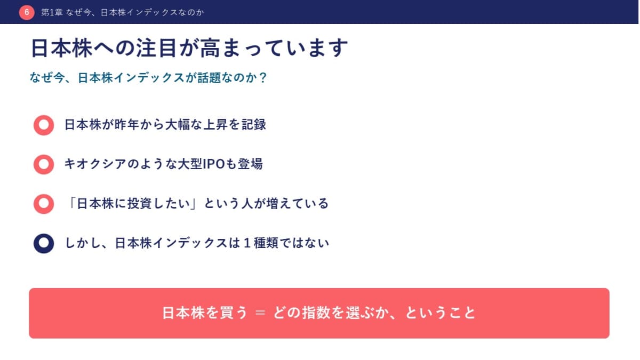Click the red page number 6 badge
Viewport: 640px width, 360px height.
27,12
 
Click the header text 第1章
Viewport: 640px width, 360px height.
52,12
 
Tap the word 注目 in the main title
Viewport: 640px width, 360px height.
156,48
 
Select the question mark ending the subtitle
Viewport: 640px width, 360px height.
263,77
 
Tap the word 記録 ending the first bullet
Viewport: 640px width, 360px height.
254,125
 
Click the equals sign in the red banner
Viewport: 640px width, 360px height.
260,313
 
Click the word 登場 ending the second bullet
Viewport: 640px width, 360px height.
250,164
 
